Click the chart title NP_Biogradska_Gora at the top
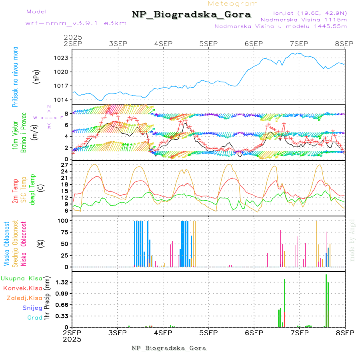pyautogui.click(x=191, y=15)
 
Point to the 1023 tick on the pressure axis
pyautogui.click(x=62, y=58)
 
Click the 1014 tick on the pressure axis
pyautogui.click(x=62, y=100)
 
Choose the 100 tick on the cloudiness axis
pyautogui.click(x=64, y=220)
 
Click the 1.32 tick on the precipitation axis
pyautogui.click(x=62, y=282)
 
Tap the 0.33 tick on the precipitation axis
pyautogui.click(x=62, y=316)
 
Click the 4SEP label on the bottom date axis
pyautogui.click(x=163, y=333)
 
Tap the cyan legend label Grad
pyautogui.click(x=35, y=318)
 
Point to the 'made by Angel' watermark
pyautogui.click(x=352, y=240)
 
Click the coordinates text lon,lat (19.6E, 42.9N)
pyautogui.click(x=310, y=13)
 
